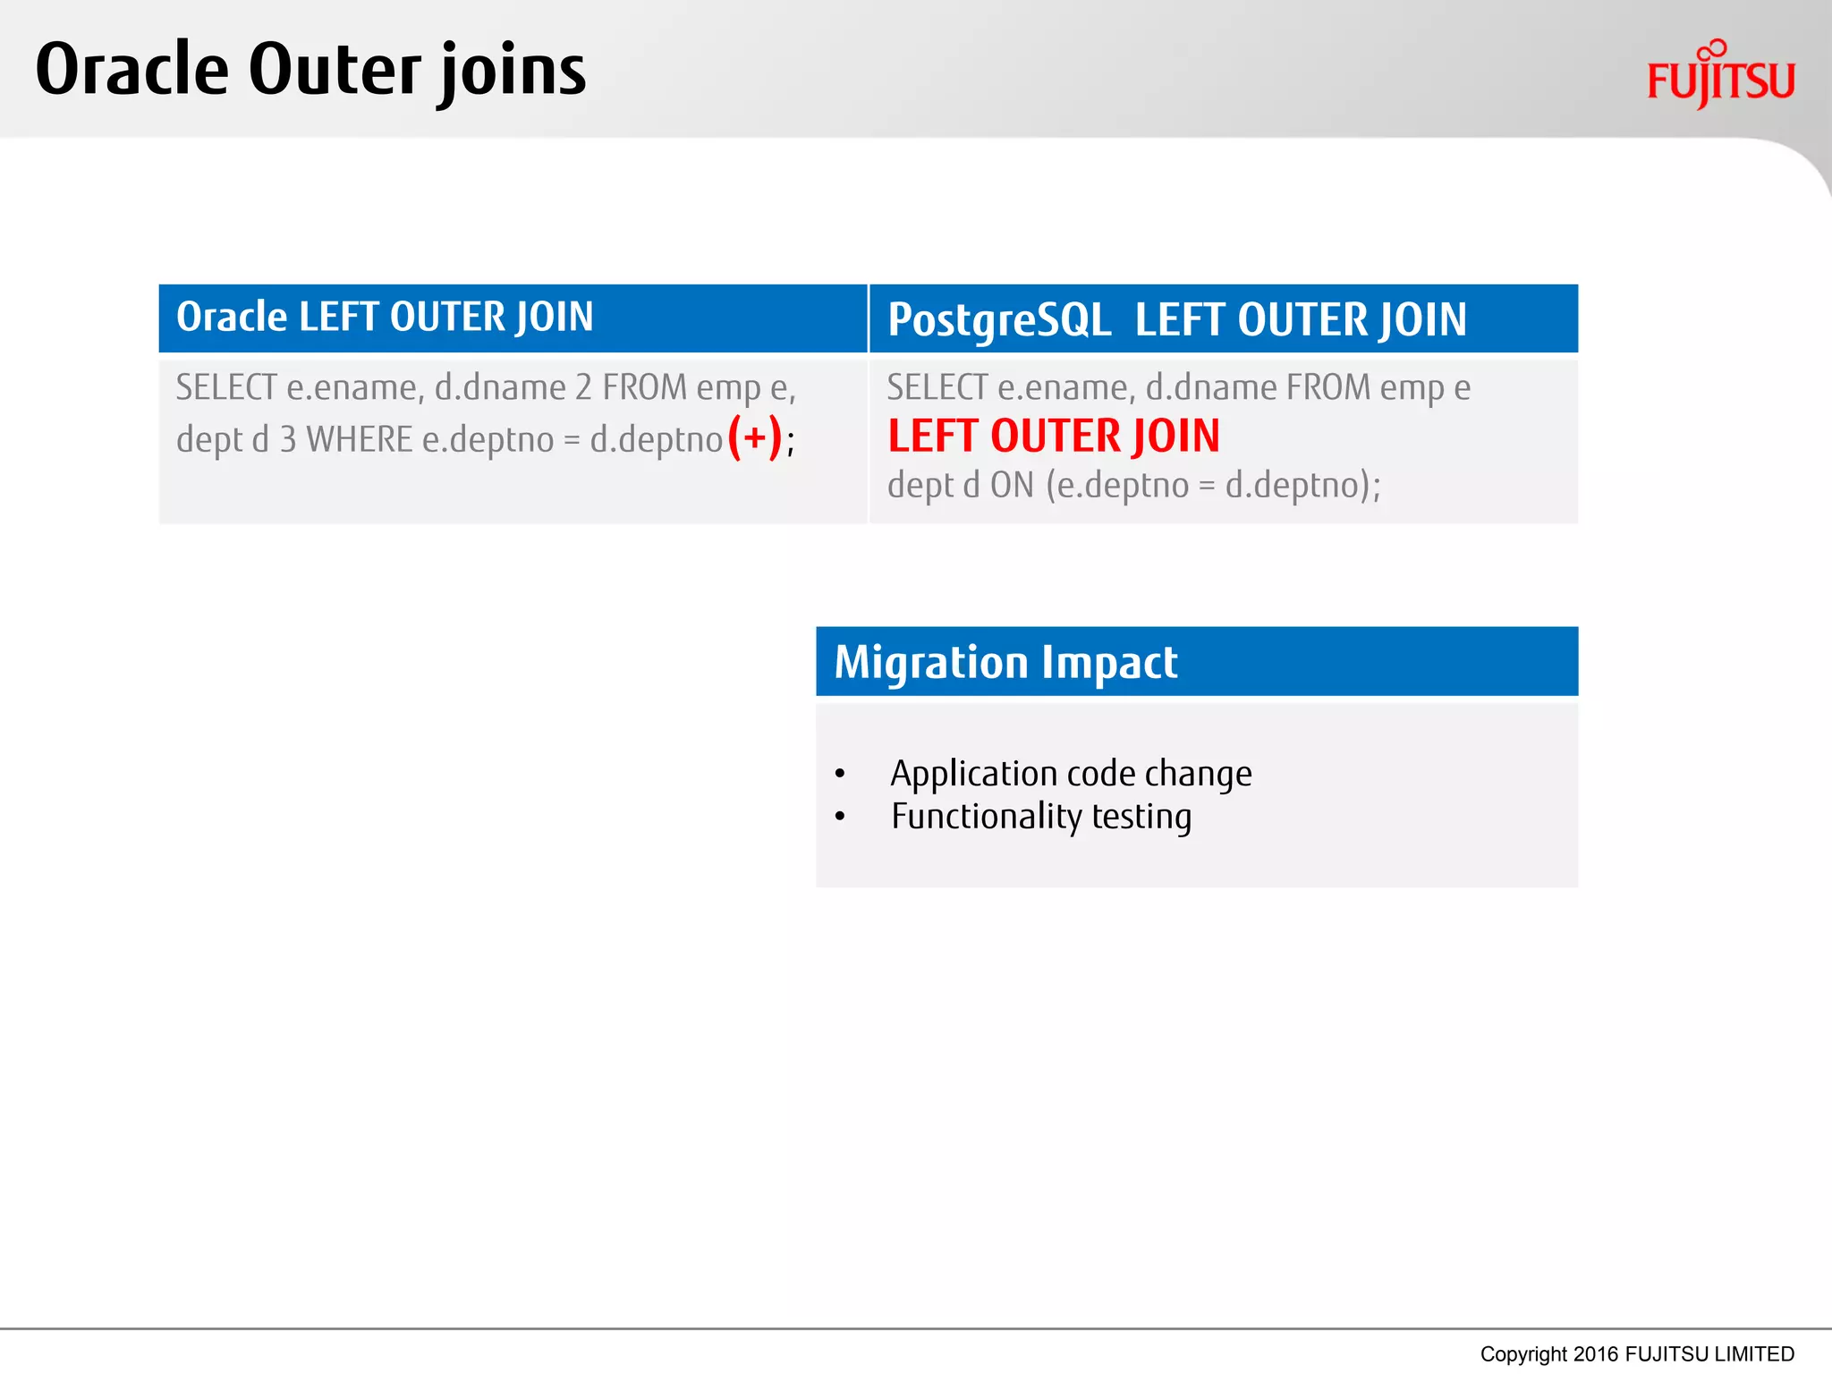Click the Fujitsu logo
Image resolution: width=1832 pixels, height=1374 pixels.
click(1719, 76)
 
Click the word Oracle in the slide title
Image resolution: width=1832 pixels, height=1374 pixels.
click(131, 70)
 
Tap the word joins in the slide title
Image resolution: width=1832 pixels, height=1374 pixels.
click(513, 72)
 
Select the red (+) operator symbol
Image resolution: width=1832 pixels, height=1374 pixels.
click(754, 437)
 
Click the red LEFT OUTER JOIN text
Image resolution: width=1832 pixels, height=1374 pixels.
click(1053, 437)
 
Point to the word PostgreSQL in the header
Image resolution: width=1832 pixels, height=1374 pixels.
click(998, 320)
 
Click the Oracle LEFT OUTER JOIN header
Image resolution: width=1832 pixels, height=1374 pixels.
click(385, 318)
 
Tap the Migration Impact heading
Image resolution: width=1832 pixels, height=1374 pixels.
click(1005, 663)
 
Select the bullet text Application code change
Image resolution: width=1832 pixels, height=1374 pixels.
click(1070, 774)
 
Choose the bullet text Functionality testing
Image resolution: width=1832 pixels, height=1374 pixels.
click(1040, 817)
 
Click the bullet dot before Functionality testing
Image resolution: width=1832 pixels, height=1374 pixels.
click(839, 817)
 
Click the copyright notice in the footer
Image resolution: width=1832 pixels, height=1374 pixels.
click(1636, 1353)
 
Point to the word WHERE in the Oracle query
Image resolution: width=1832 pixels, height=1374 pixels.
click(359, 440)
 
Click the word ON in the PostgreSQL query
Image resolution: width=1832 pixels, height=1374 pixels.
click(1012, 485)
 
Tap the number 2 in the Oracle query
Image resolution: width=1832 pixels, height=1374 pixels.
click(583, 388)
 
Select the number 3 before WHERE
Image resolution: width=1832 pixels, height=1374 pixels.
click(287, 440)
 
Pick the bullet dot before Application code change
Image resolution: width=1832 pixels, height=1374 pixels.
click(839, 774)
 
